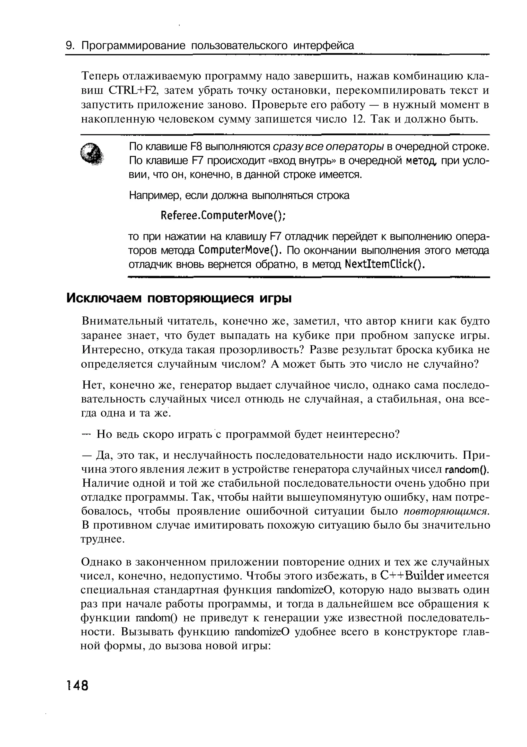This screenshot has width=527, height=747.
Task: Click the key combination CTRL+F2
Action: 133,91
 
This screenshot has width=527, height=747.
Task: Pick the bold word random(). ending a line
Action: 467,469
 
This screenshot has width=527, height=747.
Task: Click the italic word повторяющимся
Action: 446,511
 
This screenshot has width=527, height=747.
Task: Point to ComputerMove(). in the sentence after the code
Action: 240,251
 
